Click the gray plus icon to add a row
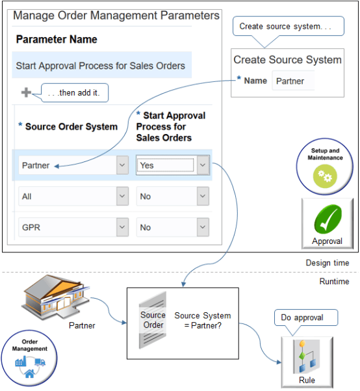coord(26,93)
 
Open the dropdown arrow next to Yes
coord(203,165)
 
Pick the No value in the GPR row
coord(165,227)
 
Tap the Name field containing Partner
coord(293,81)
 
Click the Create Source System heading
coord(287,60)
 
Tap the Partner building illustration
coord(55,293)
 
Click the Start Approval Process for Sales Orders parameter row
coord(101,66)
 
